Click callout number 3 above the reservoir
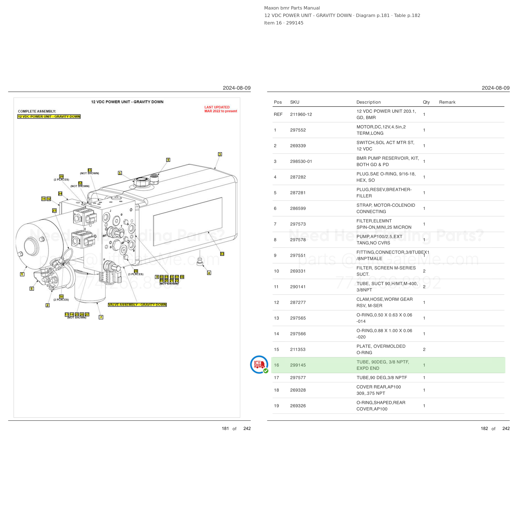pos(220,154)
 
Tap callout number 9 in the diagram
pos(168,160)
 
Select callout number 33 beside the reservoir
pos(222,254)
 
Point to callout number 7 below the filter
pos(101,317)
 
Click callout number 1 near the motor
pos(22,274)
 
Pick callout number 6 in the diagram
pos(32,289)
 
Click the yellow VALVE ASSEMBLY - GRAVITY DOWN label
pos(137,305)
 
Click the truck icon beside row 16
pos(259,365)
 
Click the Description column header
pos(369,102)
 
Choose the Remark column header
pos(447,102)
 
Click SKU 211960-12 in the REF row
pos(301,115)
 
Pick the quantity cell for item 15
pos(424,349)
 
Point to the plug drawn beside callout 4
pos(200,261)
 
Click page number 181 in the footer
pos(225,428)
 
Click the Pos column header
pos(278,102)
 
